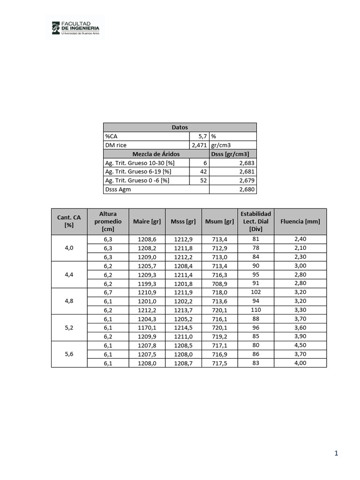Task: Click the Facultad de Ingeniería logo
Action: (x=75, y=27)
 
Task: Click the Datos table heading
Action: (x=180, y=127)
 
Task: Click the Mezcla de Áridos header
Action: (x=156, y=154)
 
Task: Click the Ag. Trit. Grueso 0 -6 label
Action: (x=137, y=180)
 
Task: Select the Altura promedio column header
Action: (x=108, y=221)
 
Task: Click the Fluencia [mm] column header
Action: (x=300, y=221)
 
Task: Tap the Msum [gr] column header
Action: (x=219, y=221)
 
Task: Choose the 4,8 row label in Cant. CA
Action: (x=69, y=300)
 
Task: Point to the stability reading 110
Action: (x=255, y=310)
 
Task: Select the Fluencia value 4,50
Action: (x=300, y=345)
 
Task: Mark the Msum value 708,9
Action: (x=219, y=283)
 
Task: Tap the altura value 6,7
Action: (x=108, y=292)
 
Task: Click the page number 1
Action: (x=336, y=453)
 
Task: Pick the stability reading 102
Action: (x=255, y=292)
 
